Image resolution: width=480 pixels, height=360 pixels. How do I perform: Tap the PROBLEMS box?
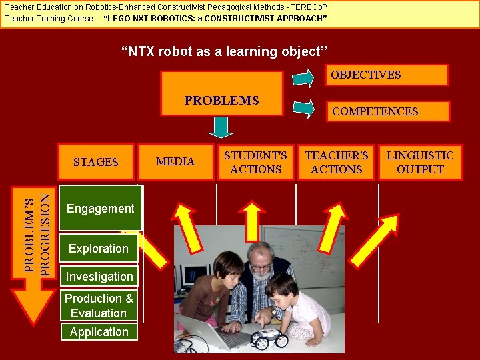pos(221,101)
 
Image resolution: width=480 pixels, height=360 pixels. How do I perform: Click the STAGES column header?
pos(95,162)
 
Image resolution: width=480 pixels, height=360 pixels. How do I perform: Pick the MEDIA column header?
pos(175,162)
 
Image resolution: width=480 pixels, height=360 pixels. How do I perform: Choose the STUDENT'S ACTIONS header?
pos(255,162)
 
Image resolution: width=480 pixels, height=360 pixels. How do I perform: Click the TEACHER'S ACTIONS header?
pos(337,162)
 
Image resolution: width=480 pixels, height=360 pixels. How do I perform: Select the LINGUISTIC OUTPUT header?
pos(420,162)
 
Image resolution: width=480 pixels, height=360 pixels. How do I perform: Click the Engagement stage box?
pos(101,208)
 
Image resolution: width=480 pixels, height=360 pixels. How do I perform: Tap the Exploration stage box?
pos(99,248)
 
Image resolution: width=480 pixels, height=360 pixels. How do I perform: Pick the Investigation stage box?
pos(99,276)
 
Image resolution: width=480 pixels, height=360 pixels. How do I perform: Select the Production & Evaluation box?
pos(99,306)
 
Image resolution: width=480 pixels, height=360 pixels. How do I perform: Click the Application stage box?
pos(99,332)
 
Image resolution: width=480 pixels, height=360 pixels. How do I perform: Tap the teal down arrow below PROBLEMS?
pos(221,127)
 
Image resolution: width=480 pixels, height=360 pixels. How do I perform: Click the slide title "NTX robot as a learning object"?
pos(224,51)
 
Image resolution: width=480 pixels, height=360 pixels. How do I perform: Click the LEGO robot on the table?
pos(269,338)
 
